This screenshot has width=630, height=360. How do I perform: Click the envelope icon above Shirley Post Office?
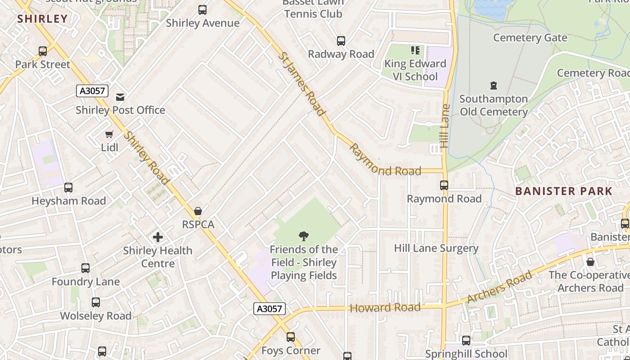point(120,97)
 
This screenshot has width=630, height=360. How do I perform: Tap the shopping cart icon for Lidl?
point(109,134)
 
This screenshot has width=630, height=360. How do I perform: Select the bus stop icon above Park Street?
point(43,51)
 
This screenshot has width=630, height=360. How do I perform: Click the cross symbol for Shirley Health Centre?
point(158,237)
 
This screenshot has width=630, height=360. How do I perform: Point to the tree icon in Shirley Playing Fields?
point(304,236)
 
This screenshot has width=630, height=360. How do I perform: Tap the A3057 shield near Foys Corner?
point(270,309)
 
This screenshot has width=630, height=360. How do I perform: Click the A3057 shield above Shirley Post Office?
point(92,91)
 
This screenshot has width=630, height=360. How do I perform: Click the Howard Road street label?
point(385,308)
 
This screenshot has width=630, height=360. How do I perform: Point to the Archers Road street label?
point(499,288)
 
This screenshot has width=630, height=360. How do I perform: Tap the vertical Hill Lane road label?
point(445,126)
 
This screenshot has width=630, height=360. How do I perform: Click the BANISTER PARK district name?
point(564,191)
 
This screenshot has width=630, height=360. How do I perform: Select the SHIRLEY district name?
point(42,19)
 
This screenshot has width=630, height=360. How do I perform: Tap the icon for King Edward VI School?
point(415,50)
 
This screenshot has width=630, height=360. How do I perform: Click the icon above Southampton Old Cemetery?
point(494,85)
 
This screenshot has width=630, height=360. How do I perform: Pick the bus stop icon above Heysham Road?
point(68,188)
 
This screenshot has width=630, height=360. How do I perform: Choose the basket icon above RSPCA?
point(198,211)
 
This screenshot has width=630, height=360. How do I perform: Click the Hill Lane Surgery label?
point(436,248)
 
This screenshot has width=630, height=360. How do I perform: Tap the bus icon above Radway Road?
point(341,41)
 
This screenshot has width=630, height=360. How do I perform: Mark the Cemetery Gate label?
point(530,38)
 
